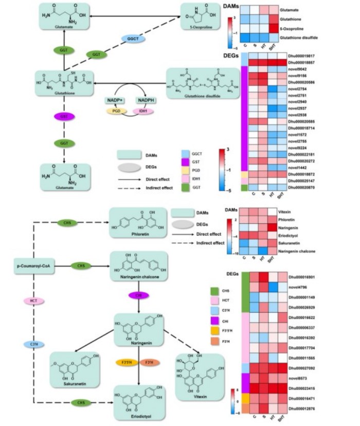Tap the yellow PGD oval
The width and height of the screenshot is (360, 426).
116,111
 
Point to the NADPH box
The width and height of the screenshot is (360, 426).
146,100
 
